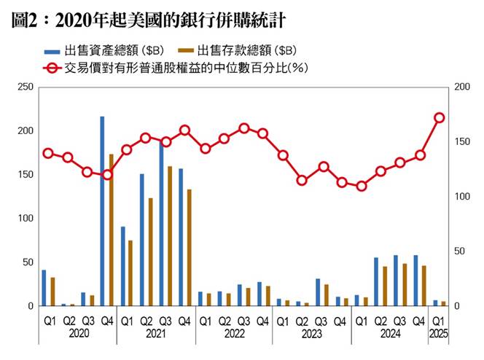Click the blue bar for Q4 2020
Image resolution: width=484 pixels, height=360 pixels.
pyautogui.click(x=102, y=211)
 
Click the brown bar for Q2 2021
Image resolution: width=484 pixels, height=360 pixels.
pyautogui.click(x=150, y=251)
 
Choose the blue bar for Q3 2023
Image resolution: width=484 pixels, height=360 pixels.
pyautogui.click(x=318, y=292)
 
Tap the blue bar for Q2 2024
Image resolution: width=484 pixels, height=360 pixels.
pyautogui.click(x=376, y=281)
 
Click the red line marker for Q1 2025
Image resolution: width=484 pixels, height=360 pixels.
pyautogui.click(x=440, y=117)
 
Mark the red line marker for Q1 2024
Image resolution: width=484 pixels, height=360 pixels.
pyautogui.click(x=361, y=186)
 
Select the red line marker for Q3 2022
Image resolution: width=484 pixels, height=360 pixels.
pyautogui.click(x=243, y=128)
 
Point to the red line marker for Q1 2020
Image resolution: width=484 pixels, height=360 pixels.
pyautogui.click(x=48, y=153)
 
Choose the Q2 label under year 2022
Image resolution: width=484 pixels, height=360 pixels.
pyautogui.click(x=224, y=321)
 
